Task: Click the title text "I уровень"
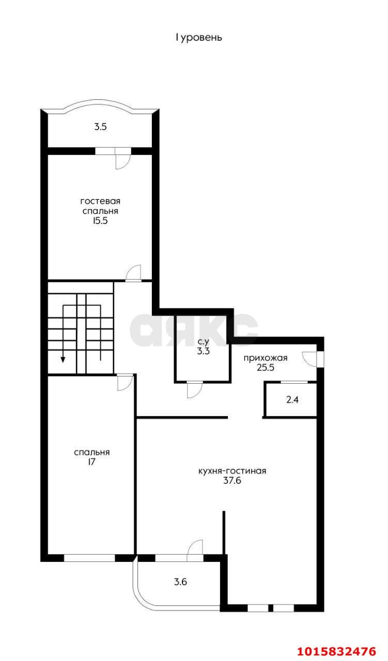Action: coord(199,38)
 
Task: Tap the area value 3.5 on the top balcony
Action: coord(100,127)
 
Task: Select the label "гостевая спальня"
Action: coord(100,206)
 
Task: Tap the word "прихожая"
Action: coord(265,358)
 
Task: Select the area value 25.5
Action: coord(265,368)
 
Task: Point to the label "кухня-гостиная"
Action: coord(232,471)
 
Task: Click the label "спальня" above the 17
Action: coord(92,452)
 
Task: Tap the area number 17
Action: coord(91,462)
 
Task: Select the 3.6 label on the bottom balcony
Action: coord(180,582)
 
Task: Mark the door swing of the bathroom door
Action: coord(193,390)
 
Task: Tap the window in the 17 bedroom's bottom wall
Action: coord(89,558)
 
